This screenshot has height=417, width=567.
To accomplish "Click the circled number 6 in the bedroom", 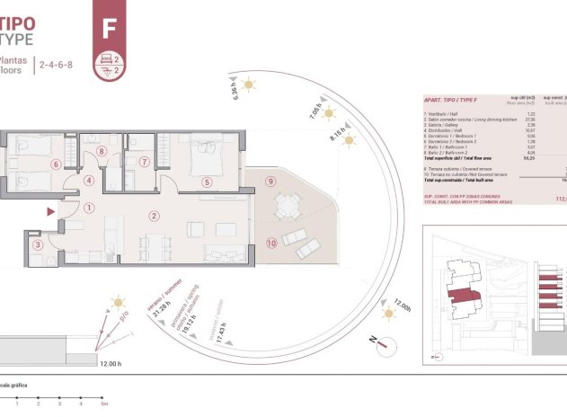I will pyautogui.click(x=56, y=164).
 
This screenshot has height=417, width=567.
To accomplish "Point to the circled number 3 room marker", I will pyautogui.click(x=37, y=244).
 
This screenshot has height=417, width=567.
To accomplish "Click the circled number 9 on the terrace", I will pyautogui.click(x=270, y=181).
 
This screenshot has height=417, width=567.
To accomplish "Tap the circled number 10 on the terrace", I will pyautogui.click(x=270, y=244).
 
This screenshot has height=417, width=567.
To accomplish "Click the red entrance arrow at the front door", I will pyautogui.click(x=50, y=212).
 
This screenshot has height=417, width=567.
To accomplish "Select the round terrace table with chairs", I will pyautogui.click(x=287, y=207).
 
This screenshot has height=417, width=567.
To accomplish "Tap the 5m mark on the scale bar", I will pyautogui.click(x=104, y=404).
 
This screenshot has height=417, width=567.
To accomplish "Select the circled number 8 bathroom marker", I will pyautogui.click(x=102, y=152).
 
